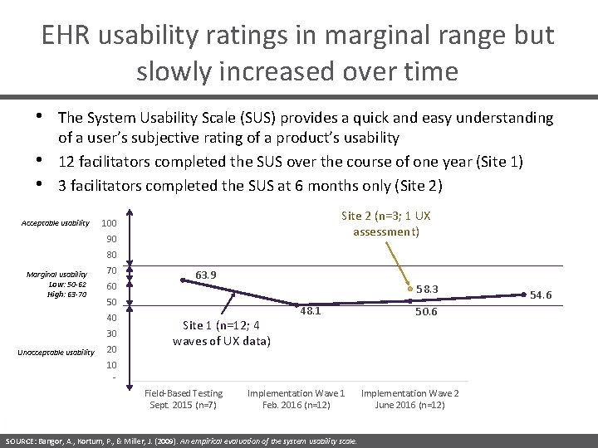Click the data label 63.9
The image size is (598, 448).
pyautogui.click(x=207, y=275)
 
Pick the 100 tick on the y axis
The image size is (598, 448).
pyautogui.click(x=109, y=224)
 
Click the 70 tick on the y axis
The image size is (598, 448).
pyautogui.click(x=111, y=270)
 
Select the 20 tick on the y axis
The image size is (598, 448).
pyautogui.click(x=111, y=348)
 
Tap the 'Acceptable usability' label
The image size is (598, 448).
pyautogui.click(x=55, y=223)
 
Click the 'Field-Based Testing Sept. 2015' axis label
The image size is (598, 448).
pyautogui.click(x=184, y=398)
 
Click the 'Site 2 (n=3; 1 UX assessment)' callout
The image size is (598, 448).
pyautogui.click(x=386, y=224)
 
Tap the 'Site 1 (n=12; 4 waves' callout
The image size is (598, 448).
pyautogui.click(x=221, y=333)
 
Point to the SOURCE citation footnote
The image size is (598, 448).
pyautogui.click(x=181, y=441)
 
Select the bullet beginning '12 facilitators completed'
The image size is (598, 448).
pyautogui.click(x=290, y=161)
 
